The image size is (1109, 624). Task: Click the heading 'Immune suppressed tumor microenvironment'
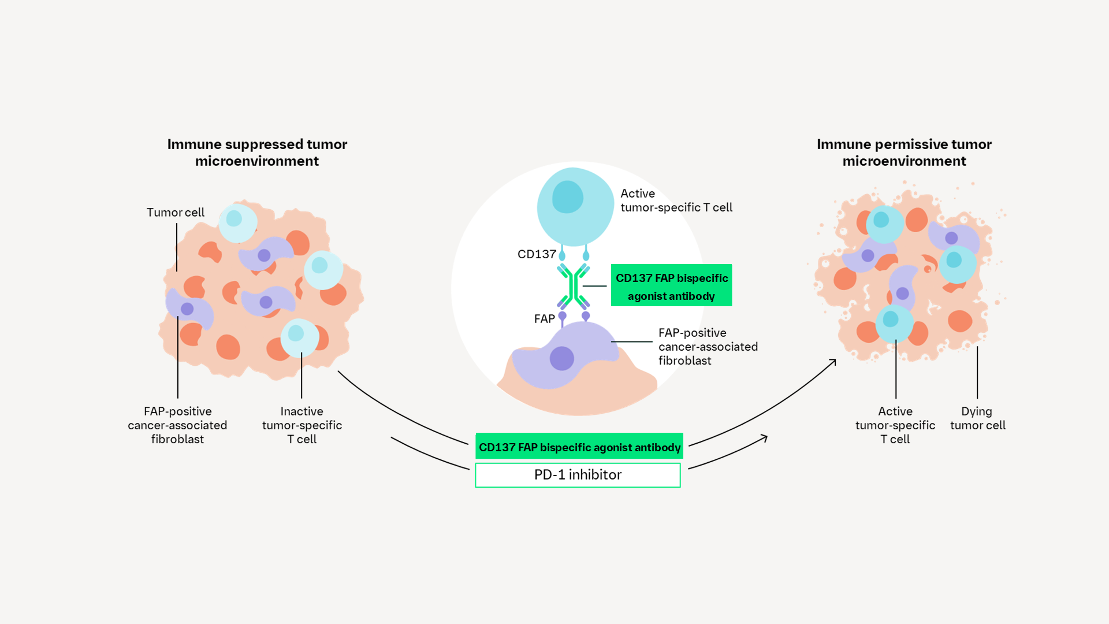[x=257, y=153]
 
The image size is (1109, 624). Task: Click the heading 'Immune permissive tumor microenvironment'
[x=904, y=153]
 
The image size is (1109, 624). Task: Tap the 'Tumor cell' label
[x=175, y=213]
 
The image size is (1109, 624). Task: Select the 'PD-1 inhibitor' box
[x=578, y=475]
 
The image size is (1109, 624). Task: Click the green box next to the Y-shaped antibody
[x=671, y=285]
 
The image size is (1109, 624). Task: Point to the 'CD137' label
[x=537, y=254]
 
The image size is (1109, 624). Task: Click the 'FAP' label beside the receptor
[x=544, y=319]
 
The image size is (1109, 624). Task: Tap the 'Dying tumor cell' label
[x=977, y=418]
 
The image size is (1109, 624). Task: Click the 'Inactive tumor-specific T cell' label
[x=302, y=425]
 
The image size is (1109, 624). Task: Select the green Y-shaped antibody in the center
[x=573, y=287]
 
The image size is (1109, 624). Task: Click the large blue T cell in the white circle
[x=575, y=206]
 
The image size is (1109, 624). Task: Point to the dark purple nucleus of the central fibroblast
[x=561, y=358]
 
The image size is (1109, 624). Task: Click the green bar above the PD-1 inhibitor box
[x=579, y=447]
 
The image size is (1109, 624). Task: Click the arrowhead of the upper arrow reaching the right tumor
[x=833, y=362]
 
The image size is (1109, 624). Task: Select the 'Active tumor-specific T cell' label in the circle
[x=676, y=200]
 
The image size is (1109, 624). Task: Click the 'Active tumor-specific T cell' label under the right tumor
[x=895, y=425]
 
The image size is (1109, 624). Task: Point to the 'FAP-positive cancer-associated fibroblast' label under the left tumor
[x=177, y=425]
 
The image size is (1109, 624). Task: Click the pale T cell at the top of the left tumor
[x=237, y=222]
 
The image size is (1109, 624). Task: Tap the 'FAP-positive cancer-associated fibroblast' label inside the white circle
[x=708, y=347]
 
